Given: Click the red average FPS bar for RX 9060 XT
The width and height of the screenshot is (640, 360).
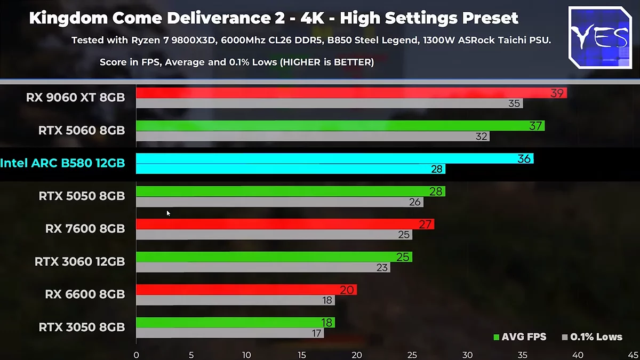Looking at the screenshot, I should coord(341,93).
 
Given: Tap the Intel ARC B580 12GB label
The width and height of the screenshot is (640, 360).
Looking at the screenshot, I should coord(62,163).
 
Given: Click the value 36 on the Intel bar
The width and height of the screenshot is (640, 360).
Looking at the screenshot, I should coord(524,158).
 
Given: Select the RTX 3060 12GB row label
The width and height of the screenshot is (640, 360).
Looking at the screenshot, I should coord(79,262).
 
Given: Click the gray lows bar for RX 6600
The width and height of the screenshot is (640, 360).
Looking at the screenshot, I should coord(235,301).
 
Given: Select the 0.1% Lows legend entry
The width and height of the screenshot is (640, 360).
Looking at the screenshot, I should coord(591,337).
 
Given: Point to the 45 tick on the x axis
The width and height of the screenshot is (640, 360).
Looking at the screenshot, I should coord(631,355).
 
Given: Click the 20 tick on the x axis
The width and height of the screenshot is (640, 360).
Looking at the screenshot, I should coord(357,355).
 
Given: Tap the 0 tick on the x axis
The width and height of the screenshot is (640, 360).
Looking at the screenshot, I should coord(137,355).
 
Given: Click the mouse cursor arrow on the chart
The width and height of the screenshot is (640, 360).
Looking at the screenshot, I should coord(169,213).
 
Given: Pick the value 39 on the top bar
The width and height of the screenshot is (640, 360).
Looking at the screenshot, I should coord(557,93).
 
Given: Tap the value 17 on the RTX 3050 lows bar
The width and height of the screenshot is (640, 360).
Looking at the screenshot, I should coord(317,333).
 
